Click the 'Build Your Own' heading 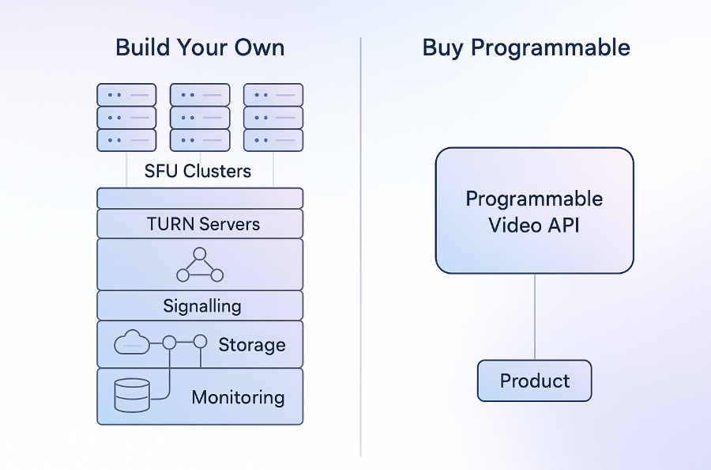tap(200, 47)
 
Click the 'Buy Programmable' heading tap(526, 47)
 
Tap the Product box tap(534, 381)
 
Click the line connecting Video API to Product tap(535, 316)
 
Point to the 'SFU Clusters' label tap(197, 171)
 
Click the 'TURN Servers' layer tap(203, 224)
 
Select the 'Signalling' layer tap(202, 305)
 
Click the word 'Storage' tap(251, 345)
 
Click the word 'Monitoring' tap(238, 397)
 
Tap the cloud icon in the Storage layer tap(131, 343)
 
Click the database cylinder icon tap(132, 394)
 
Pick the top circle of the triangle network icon tap(200, 254)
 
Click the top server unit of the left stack tap(126, 95)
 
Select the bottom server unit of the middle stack tap(200, 140)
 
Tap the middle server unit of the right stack tap(273, 118)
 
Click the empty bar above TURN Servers tap(200, 198)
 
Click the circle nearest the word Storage tap(201, 342)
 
